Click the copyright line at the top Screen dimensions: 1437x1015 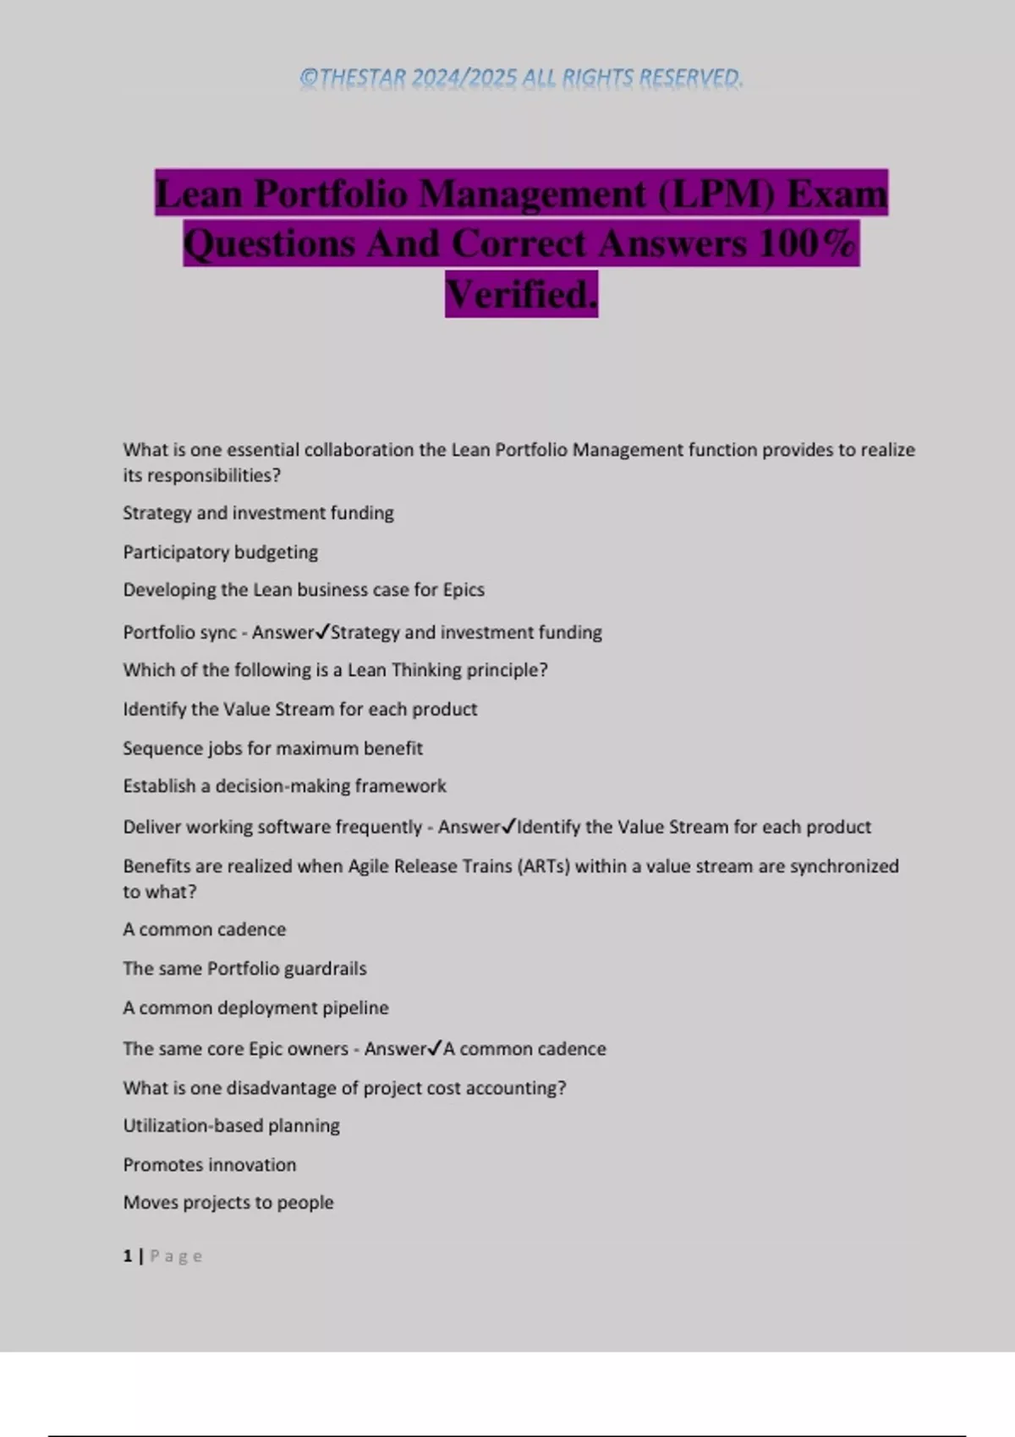[x=521, y=78]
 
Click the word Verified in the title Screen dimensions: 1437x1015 [x=521, y=294]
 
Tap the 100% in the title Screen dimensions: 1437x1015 [x=808, y=243]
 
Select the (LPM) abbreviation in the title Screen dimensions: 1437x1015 [x=716, y=194]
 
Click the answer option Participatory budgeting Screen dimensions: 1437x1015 [x=220, y=552]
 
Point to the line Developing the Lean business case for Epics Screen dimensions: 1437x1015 [x=303, y=590]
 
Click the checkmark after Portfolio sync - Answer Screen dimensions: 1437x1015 [x=321, y=631]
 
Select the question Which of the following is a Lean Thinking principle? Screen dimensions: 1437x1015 [x=335, y=670]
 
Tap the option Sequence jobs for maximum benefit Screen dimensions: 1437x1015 [x=272, y=748]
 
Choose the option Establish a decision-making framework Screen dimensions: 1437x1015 [x=284, y=786]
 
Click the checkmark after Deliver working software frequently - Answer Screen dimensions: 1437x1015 [x=508, y=826]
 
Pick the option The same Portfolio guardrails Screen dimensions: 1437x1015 [x=244, y=969]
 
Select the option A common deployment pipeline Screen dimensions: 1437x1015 [x=255, y=1008]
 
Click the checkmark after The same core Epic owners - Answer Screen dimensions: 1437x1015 [x=435, y=1048]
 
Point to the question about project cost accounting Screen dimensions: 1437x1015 [x=344, y=1088]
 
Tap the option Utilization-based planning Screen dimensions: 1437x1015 [x=231, y=1126]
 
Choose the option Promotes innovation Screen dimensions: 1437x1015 [x=209, y=1165]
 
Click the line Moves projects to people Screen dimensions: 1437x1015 [x=228, y=1202]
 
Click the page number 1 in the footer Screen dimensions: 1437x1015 [x=128, y=1256]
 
